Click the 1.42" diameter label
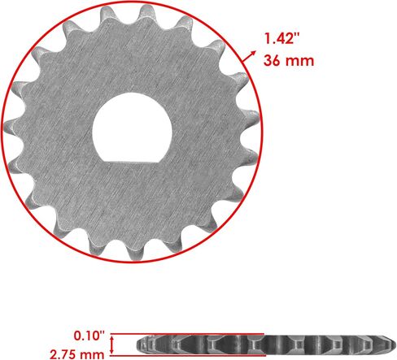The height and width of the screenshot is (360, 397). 282,38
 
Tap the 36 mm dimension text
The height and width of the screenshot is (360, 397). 289,60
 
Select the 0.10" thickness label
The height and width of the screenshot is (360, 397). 89,336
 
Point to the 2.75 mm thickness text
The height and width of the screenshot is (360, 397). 77,354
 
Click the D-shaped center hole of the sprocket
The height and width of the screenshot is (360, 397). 133,128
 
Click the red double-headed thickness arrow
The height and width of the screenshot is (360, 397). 111,345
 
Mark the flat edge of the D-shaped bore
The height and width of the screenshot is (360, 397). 133,163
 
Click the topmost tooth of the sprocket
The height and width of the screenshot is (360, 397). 146,11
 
